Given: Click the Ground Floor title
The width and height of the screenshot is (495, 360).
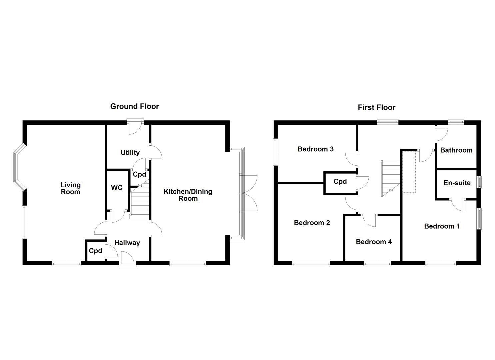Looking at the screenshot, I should [134, 106].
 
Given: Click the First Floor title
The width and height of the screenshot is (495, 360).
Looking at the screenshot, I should [376, 107].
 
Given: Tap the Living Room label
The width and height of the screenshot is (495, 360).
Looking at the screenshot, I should [70, 188].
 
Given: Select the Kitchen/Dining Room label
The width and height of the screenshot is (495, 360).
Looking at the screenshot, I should [188, 195].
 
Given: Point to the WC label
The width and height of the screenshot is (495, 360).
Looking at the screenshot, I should [117, 188].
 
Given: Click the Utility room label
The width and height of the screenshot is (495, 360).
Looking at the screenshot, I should [130, 153].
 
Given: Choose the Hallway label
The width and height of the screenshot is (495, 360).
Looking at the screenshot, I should [127, 243].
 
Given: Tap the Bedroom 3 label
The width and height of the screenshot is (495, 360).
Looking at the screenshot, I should [315, 149].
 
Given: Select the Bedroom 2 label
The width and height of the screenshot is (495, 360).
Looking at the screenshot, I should [312, 223].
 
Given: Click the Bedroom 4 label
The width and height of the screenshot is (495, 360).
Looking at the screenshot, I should [374, 242].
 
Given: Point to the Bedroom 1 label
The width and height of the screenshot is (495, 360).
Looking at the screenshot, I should [442, 226].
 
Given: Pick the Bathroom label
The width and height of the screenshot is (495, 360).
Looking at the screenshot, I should [456, 150].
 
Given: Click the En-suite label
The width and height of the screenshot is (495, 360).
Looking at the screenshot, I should [457, 183].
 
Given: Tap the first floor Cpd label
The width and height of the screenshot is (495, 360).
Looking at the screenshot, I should [340, 182].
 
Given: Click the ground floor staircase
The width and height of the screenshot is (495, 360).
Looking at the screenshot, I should [139, 203].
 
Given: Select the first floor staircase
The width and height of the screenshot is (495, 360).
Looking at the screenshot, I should [391, 177].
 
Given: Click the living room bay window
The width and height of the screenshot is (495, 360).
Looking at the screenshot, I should [18, 168].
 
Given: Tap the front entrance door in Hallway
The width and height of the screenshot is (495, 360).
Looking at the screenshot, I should [128, 259].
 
